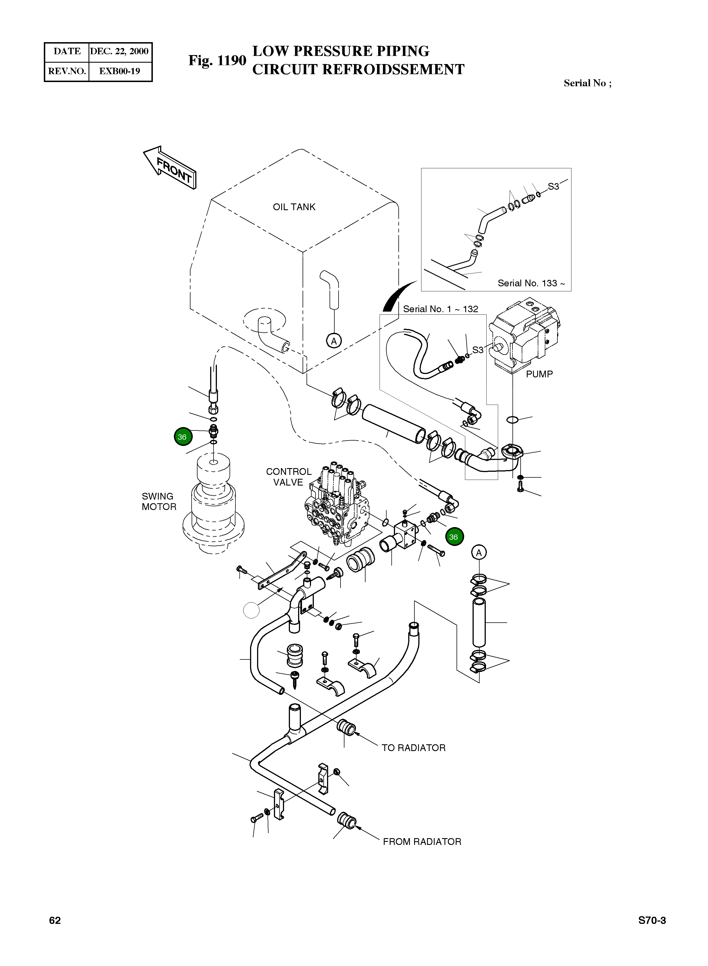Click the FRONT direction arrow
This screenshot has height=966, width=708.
click(x=171, y=168)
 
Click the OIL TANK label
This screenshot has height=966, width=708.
click(x=294, y=207)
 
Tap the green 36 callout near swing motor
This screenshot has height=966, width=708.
click(x=183, y=437)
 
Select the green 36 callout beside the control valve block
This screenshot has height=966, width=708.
click(x=454, y=537)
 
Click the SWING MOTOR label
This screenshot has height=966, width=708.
click(x=159, y=502)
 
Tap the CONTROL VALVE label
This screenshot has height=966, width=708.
click(x=289, y=477)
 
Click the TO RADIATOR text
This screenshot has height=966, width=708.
click(x=414, y=748)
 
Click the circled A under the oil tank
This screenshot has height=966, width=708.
click(x=333, y=341)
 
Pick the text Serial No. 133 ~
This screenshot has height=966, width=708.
click(x=531, y=283)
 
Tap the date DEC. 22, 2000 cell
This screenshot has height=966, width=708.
click(x=119, y=51)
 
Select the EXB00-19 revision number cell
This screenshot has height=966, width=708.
click(x=120, y=71)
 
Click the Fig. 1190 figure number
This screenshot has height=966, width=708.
click(x=217, y=60)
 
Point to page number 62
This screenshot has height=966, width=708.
click(x=55, y=920)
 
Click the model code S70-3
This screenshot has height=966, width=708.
click(x=652, y=920)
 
